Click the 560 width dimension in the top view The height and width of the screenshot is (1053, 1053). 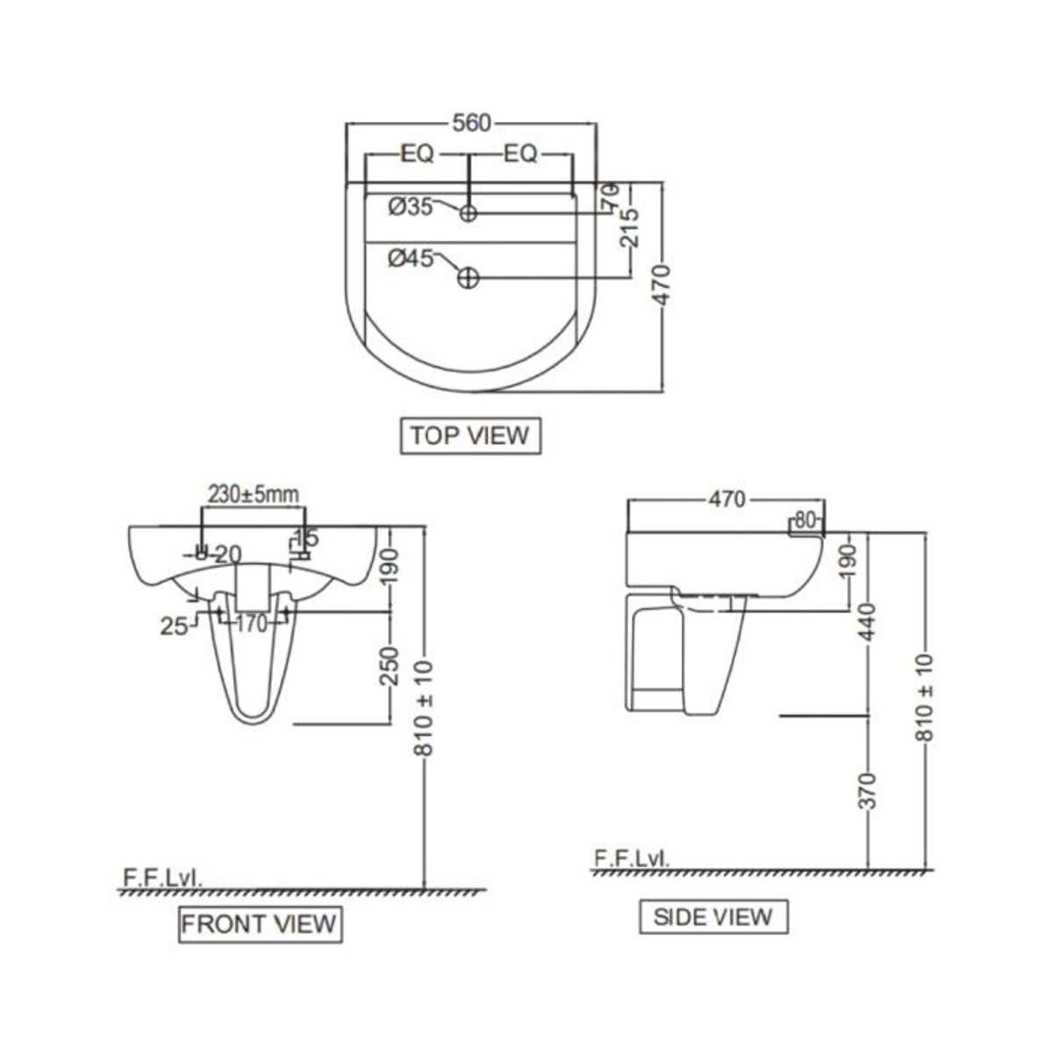(471, 124)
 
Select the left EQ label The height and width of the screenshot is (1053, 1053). (417, 154)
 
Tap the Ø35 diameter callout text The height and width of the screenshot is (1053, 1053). (410, 207)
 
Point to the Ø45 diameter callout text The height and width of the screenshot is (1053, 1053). (410, 259)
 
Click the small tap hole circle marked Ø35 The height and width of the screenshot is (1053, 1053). (469, 212)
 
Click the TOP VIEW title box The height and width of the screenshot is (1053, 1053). (470, 435)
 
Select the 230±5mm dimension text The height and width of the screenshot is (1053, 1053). (253, 495)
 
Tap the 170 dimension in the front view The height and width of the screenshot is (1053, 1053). (250, 626)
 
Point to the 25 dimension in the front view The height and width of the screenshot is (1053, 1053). (174, 626)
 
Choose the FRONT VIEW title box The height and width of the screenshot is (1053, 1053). (260, 923)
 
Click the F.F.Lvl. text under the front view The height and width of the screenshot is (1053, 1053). (163, 877)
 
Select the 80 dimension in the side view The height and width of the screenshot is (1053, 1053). (806, 519)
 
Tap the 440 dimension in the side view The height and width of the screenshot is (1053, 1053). (867, 621)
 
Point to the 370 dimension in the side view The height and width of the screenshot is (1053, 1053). (867, 790)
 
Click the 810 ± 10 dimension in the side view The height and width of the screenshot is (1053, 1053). (927, 698)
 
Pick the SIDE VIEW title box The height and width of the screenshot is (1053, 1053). (713, 917)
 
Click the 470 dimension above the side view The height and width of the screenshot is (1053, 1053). (726, 499)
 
